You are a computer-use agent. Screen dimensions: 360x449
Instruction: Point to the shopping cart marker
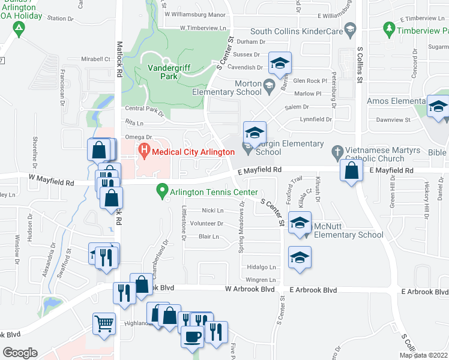(104, 324)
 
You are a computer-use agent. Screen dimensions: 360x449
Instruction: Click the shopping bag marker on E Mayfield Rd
(351, 170)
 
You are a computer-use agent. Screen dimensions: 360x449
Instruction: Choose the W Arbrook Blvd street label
(250, 289)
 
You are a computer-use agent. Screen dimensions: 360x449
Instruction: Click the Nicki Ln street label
(212, 211)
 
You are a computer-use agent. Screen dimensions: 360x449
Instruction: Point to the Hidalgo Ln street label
(264, 267)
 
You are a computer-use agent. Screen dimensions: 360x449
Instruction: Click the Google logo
(20, 353)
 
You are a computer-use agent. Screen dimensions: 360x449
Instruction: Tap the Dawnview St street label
(393, 119)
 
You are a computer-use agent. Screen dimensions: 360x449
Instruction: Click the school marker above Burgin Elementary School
(254, 133)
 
